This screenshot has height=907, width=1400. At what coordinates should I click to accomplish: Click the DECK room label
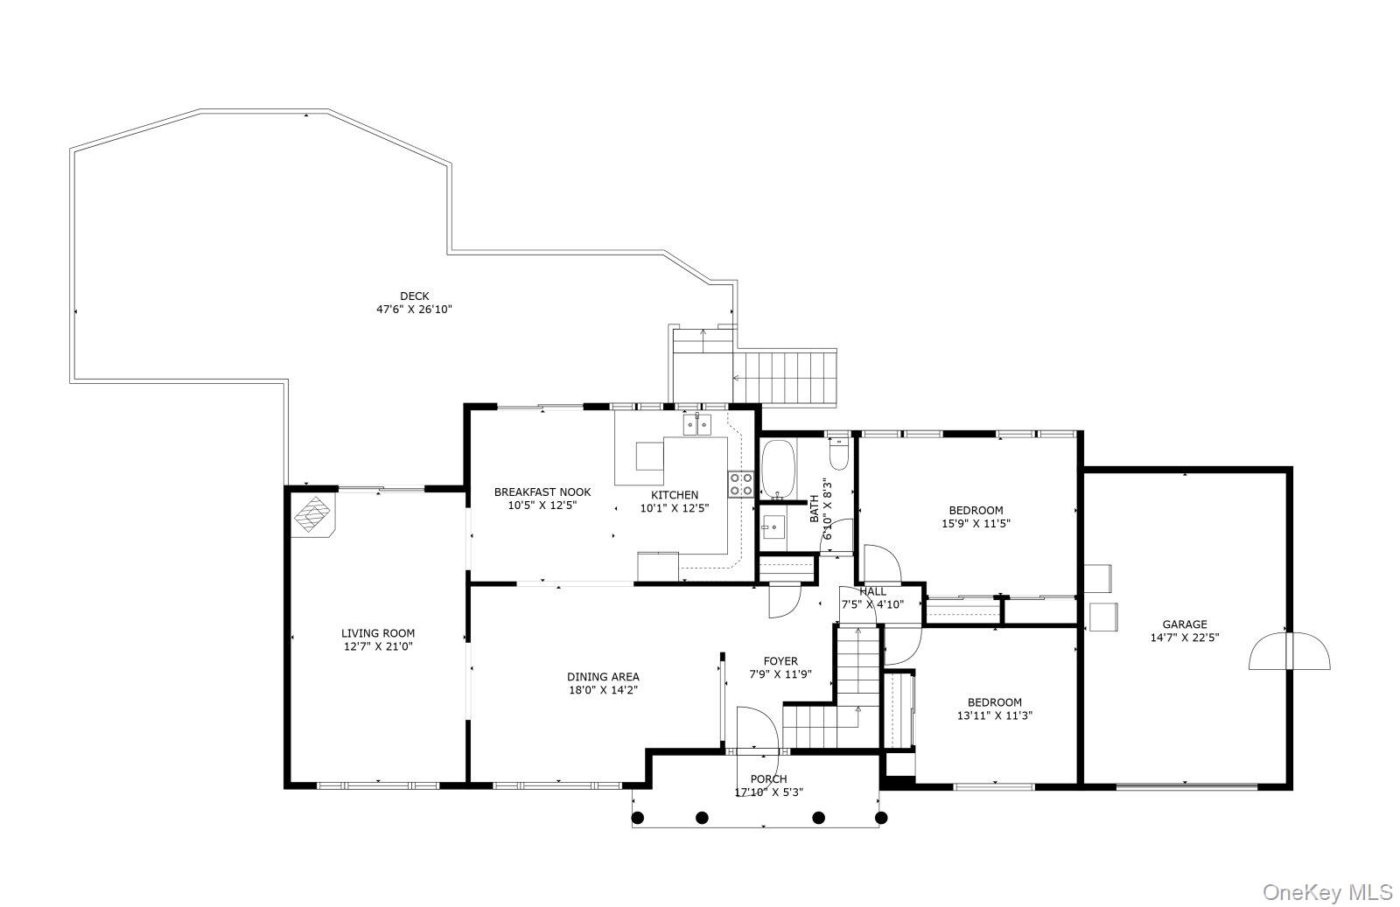coord(414,297)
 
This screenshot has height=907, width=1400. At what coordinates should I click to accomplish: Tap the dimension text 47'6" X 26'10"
coord(414,310)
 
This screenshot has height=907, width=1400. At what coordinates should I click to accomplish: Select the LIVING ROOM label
coord(377,633)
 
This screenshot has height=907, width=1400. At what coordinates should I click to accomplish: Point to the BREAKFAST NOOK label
coord(542,492)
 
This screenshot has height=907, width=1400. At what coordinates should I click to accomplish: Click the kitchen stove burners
coord(741,485)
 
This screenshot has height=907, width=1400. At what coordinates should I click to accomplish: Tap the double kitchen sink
coord(697,425)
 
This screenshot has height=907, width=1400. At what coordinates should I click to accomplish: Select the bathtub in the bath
coord(777,468)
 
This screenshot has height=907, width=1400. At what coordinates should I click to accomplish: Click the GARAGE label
coord(1184,624)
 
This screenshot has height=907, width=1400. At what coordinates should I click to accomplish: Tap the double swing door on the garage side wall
coord(1289,651)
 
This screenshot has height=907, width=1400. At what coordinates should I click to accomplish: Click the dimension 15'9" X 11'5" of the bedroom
coord(976,524)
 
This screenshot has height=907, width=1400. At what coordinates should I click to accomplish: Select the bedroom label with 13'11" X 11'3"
coord(994,702)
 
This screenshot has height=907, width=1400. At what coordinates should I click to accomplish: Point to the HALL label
coord(872,592)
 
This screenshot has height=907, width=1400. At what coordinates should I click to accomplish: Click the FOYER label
coord(780,661)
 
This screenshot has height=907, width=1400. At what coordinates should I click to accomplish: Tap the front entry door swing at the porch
coord(756,729)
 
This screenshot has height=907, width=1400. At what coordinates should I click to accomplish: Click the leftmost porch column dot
coord(639,818)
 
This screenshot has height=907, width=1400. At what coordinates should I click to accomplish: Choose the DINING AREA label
coord(603,676)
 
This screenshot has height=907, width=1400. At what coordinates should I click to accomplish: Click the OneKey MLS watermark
coord(1326,892)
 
